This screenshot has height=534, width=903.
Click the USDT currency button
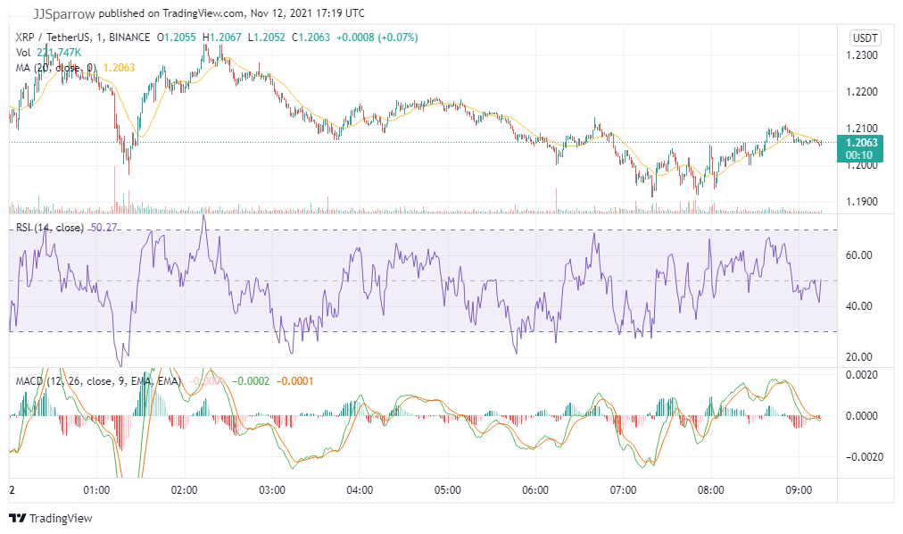point(865,38)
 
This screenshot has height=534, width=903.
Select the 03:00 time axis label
point(271,490)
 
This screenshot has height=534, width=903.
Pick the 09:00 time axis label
point(798,490)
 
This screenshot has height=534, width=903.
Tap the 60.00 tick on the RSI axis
point(859,255)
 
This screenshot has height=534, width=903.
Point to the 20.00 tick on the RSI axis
point(859,357)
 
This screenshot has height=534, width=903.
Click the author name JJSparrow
point(62,13)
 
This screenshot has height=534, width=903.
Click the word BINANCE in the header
point(129,38)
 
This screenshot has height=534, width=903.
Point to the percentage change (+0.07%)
point(392,38)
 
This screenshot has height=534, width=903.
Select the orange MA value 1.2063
point(120,67)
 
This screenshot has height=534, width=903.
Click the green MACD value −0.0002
point(252,381)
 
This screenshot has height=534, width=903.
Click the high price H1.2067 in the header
point(222,38)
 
